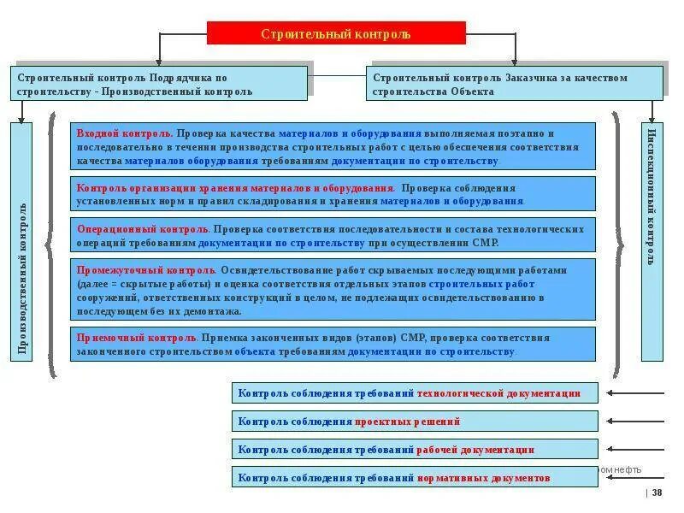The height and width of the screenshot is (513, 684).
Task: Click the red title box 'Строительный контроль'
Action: point(336,33)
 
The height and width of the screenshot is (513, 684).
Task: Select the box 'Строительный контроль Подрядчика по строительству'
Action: point(160,84)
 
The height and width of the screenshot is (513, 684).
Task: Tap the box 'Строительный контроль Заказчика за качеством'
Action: point(514,84)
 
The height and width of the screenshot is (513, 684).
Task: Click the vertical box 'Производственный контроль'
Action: point(22,242)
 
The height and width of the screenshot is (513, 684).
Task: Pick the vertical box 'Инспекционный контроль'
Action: point(652,242)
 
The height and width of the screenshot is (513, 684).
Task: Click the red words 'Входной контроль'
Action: point(125,134)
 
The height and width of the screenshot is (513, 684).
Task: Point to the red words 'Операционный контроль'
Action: point(143,230)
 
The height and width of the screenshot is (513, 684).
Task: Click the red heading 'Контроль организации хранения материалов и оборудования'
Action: point(235,188)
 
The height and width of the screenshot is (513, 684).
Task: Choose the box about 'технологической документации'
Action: point(415,393)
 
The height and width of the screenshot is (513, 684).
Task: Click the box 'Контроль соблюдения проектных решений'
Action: point(415,422)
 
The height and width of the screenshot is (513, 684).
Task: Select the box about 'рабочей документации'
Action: point(415,450)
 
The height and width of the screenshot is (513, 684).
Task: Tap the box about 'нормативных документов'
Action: point(415,478)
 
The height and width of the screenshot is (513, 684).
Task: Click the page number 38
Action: point(657,492)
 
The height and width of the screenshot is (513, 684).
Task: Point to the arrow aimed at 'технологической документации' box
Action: point(634,393)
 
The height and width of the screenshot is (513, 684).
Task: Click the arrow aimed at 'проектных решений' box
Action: point(634,422)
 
